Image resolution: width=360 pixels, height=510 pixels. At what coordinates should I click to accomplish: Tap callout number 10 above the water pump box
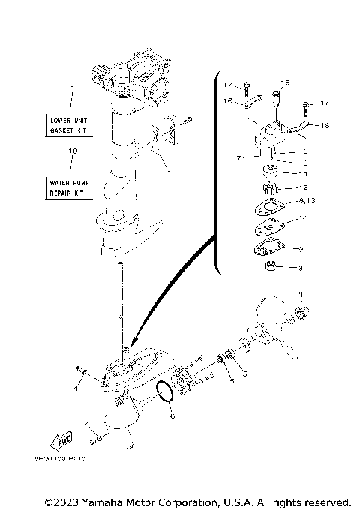pos(72,151)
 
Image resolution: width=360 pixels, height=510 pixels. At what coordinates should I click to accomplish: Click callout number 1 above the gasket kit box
pos(72,88)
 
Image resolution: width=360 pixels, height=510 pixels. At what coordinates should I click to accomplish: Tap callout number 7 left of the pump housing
pos(238,158)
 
